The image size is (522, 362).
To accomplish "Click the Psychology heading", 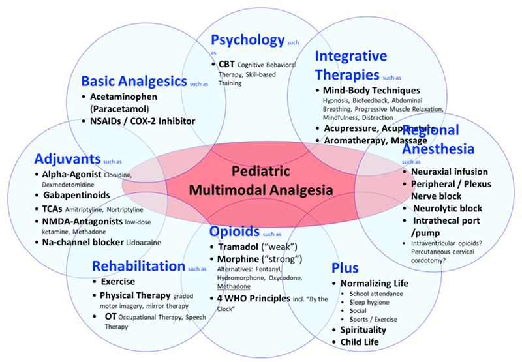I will pos(248,40).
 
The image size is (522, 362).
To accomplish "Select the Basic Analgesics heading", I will pos(133,82).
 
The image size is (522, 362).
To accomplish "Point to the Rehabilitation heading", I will pos(139,265).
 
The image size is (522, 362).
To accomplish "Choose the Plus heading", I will pos(345,267).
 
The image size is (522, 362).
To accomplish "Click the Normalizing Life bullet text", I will pos(374,283).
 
